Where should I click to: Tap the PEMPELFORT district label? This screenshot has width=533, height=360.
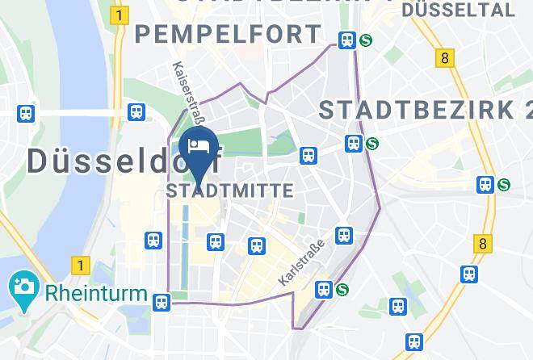(x=229, y=35)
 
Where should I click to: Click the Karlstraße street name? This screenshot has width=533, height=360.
(x=300, y=262)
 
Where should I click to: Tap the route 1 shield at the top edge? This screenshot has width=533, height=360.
(x=120, y=15)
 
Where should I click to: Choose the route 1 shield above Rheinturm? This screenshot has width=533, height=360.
(x=79, y=264)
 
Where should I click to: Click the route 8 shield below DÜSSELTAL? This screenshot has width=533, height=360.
(x=444, y=58)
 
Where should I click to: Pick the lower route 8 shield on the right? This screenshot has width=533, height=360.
(x=483, y=242)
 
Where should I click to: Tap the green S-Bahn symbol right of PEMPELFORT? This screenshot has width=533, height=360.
(x=366, y=40)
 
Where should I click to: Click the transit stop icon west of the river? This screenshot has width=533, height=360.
(x=26, y=114)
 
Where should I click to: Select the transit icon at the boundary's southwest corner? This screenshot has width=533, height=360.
(x=162, y=302)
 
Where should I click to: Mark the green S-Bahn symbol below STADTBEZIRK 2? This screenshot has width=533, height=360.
(x=371, y=144)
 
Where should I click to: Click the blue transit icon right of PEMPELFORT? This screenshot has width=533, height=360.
(x=347, y=40)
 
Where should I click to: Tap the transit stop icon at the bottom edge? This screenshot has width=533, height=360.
(x=414, y=342)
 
